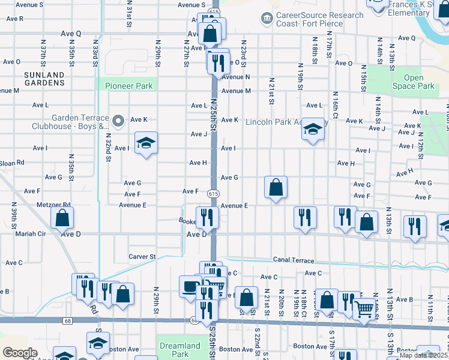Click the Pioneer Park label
click(129, 86)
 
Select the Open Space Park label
click(414, 82)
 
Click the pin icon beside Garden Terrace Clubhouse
click(118, 122)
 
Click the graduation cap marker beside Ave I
click(145, 143)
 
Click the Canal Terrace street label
click(293, 260)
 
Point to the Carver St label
click(142, 257)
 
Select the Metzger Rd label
click(53, 205)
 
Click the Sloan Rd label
click(12, 163)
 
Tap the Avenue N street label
click(235, 77)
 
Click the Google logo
click(20, 352)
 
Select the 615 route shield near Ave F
click(213, 193)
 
